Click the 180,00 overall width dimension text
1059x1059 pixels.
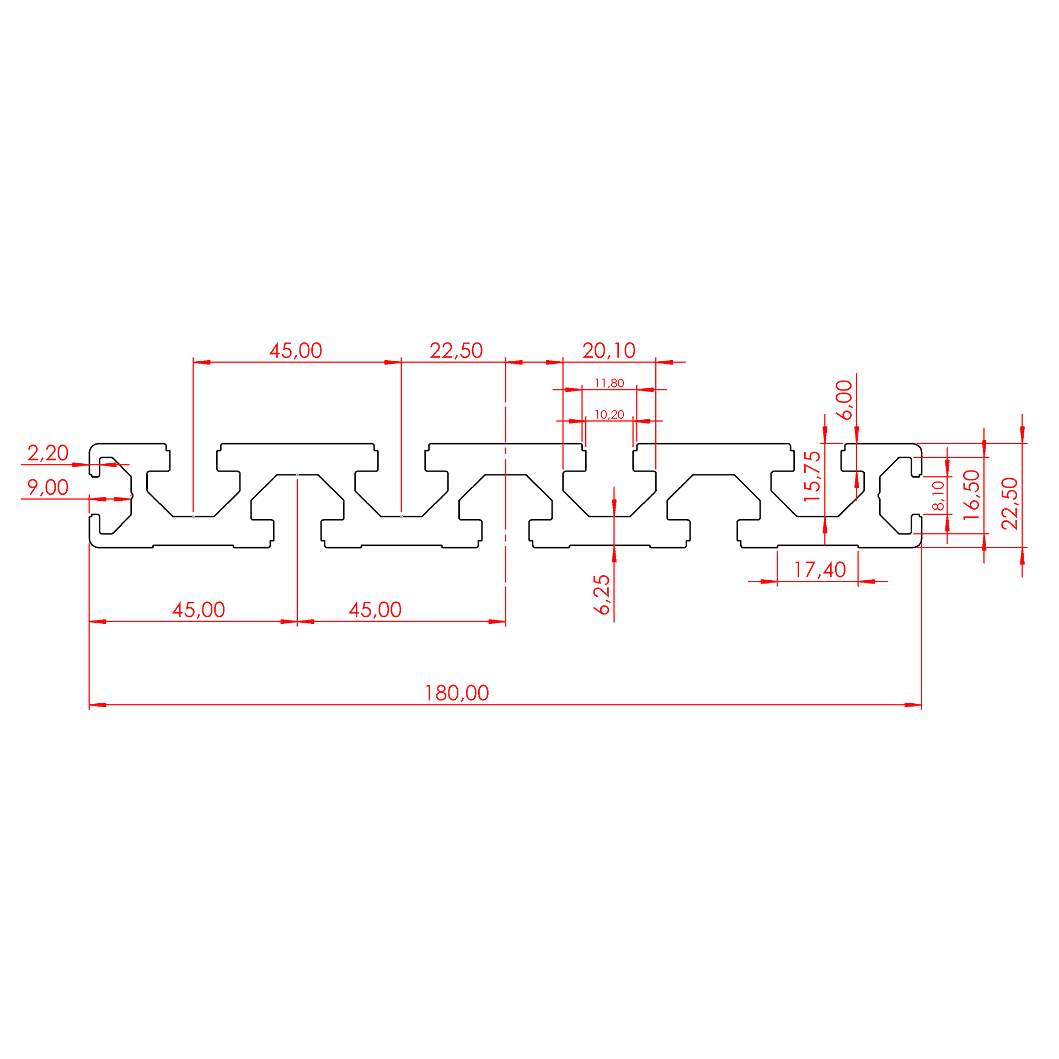coord(457,693)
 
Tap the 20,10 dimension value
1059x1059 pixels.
coord(609,350)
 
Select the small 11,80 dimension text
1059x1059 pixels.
coord(609,383)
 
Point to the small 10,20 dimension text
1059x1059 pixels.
coord(609,414)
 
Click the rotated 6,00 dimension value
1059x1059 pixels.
coord(844,400)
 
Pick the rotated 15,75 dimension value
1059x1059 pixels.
coord(812,477)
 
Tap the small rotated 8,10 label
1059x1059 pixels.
coord(938,495)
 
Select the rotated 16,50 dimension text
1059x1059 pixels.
coord(971,495)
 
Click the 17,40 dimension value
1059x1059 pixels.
coord(819,570)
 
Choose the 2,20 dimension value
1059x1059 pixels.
coord(48,453)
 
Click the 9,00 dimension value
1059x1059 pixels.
coord(48,487)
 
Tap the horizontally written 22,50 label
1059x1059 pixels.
coord(456,350)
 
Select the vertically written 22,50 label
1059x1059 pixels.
coord(1009,504)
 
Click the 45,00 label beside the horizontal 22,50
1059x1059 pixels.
coord(296,350)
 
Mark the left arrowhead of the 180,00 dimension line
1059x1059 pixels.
coord(98,705)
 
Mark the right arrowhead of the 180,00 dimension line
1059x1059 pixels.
coord(913,705)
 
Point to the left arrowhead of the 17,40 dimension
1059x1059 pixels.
coord(769,581)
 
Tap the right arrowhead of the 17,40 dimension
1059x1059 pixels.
coord(867,581)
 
